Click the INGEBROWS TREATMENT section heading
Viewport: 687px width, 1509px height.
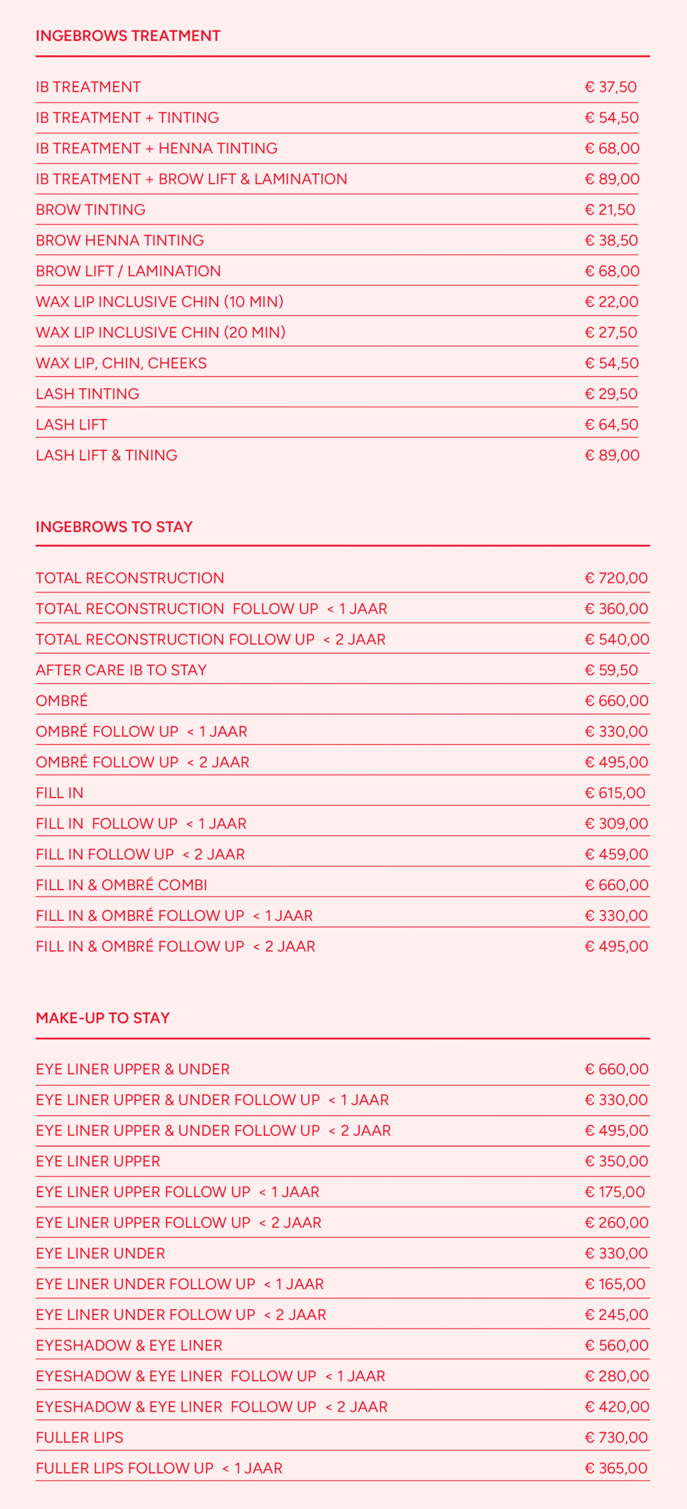click(128, 36)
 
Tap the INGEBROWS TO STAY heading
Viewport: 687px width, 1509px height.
click(114, 527)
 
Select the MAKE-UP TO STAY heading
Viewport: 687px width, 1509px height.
click(103, 1018)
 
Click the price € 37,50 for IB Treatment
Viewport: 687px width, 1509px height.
click(610, 87)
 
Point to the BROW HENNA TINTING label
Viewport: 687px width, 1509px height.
click(120, 240)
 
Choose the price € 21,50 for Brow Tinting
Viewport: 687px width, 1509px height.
click(610, 210)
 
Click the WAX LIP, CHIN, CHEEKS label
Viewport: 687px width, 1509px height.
click(121, 363)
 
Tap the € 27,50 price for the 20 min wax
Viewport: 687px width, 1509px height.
click(610, 332)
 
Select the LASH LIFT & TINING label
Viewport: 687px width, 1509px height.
click(106, 455)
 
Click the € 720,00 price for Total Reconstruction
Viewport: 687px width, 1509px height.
click(616, 578)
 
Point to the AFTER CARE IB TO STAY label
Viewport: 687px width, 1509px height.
click(121, 670)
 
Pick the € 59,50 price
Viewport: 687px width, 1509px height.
click(611, 670)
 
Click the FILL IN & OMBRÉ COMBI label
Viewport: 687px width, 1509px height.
click(121, 885)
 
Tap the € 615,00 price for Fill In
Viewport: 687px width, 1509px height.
click(615, 793)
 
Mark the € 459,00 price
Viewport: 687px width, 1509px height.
click(616, 854)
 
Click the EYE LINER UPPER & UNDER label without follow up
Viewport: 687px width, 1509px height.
click(133, 1069)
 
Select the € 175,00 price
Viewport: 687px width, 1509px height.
click(615, 1192)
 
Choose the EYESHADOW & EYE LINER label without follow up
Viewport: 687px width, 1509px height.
click(129, 1345)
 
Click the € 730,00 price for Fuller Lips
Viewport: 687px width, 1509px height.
click(616, 1438)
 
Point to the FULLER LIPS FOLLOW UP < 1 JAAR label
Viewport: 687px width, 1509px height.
click(159, 1468)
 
